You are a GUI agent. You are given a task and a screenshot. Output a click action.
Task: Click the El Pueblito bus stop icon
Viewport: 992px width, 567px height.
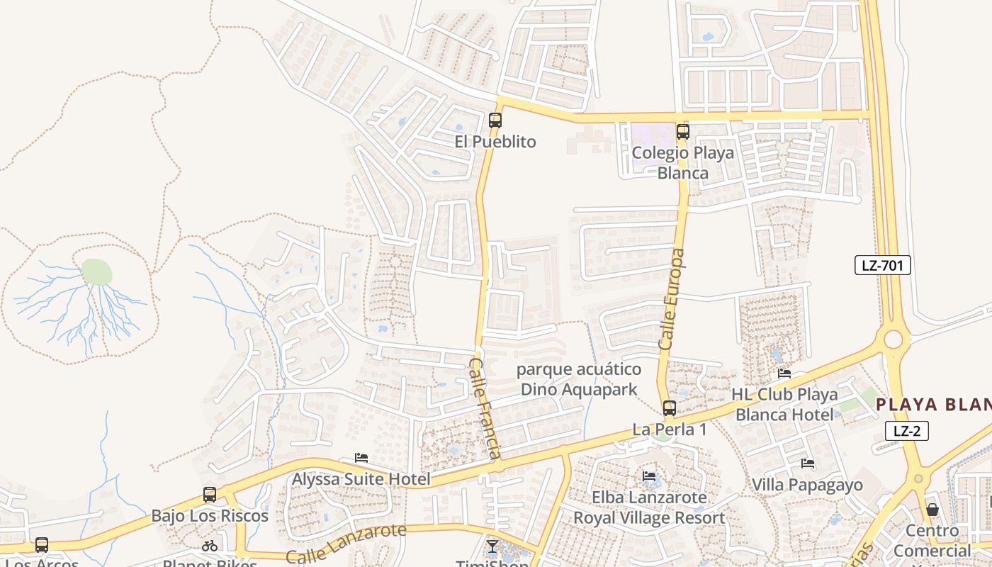(495, 120)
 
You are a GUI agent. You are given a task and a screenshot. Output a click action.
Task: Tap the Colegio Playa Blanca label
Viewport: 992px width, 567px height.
(672, 163)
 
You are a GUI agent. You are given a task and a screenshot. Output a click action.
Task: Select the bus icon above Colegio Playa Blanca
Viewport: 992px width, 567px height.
(682, 132)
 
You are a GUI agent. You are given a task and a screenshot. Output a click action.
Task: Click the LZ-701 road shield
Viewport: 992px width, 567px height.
(881, 266)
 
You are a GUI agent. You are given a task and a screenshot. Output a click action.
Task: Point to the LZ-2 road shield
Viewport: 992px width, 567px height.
(906, 430)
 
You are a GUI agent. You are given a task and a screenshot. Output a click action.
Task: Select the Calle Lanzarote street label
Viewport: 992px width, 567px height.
(346, 543)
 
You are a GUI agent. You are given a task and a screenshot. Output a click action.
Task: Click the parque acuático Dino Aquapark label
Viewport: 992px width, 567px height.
(579, 379)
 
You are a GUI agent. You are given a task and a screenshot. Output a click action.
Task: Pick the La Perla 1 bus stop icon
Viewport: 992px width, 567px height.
(669, 408)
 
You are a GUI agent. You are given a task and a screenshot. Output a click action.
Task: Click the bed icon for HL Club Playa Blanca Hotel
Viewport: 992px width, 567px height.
(784, 374)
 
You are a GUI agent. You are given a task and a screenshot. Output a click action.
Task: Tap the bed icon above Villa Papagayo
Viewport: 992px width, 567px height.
(807, 464)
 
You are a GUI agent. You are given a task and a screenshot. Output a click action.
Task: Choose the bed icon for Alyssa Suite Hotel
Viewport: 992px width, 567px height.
(361, 459)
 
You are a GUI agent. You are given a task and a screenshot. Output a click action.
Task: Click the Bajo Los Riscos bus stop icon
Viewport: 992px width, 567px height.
(210, 495)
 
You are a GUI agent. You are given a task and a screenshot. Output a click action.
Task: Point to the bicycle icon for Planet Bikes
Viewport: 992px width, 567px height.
(210, 546)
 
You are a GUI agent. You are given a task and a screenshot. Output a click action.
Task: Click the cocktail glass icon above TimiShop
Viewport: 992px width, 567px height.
(492, 546)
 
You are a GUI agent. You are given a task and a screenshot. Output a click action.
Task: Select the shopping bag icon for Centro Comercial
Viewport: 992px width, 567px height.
(932, 510)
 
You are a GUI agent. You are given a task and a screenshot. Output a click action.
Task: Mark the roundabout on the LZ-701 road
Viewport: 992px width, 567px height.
(893, 339)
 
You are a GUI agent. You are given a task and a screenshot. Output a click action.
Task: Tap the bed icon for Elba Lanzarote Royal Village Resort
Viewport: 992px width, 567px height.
(648, 476)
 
